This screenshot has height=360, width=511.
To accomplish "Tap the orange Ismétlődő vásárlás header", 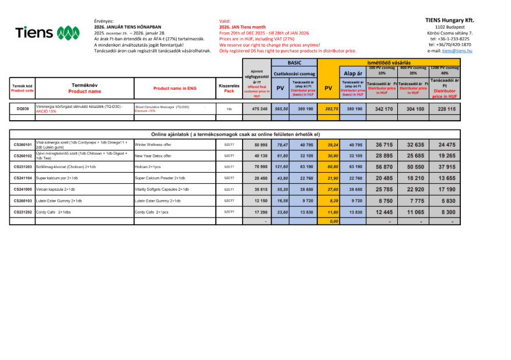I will [x=389, y=62].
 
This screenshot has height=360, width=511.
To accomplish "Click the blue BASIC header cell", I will [x=295, y=62].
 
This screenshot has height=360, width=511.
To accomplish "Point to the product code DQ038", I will [x=22, y=109].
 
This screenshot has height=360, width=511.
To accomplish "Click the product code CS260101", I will [x=22, y=144].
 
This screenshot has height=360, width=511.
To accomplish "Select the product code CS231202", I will [x=22, y=212].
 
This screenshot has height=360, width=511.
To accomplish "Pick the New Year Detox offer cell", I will [x=153, y=156].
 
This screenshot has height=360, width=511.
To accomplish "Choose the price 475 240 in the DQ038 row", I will [x=260, y=109].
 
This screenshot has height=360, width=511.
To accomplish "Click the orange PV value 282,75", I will [x=331, y=109].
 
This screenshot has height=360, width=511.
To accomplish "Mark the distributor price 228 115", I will [x=447, y=109].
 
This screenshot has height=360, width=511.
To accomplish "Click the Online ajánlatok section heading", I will [x=236, y=134].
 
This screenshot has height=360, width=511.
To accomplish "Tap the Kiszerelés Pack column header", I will [x=229, y=89].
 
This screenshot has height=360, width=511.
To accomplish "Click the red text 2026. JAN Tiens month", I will [x=242, y=27].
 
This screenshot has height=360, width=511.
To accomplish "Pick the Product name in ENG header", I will [x=174, y=89].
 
